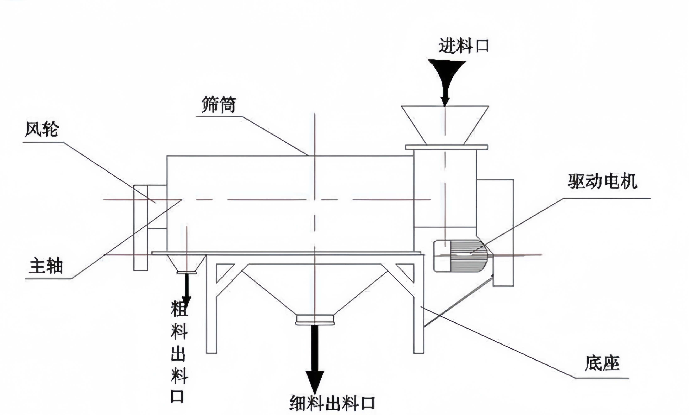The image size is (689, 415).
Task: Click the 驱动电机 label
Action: pyautogui.click(x=603, y=181)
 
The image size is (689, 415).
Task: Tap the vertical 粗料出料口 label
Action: pyautogui.click(x=179, y=352)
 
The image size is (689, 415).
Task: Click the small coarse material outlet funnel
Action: pyautogui.click(x=186, y=264)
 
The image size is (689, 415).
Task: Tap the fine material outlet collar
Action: pyautogui.click(x=315, y=320)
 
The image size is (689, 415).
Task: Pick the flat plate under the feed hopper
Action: pyautogui.click(x=447, y=147)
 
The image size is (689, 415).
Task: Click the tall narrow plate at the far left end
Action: pyautogui.click(x=140, y=228)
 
